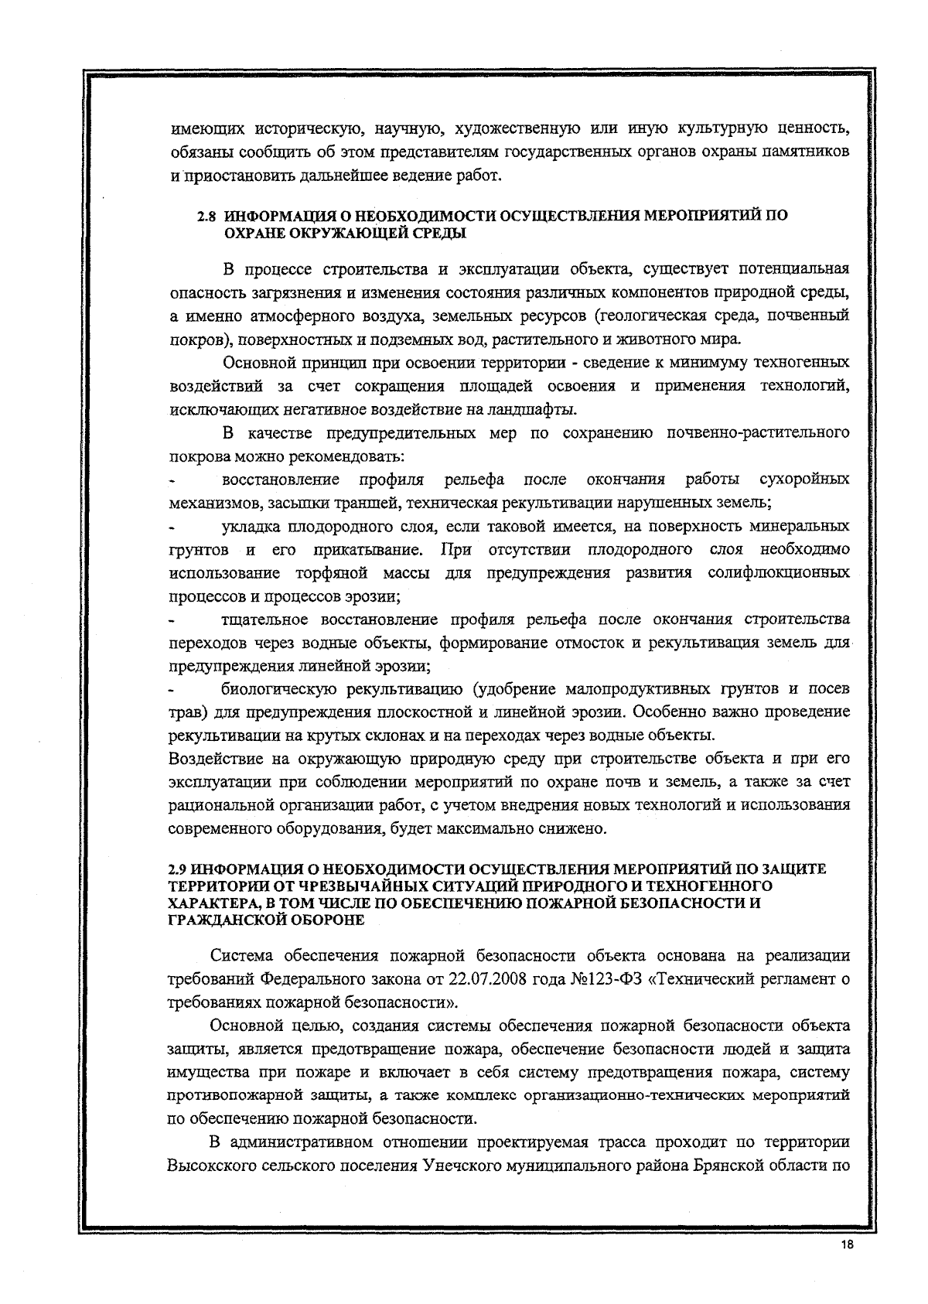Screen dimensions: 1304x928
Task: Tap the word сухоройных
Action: (805, 480)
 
